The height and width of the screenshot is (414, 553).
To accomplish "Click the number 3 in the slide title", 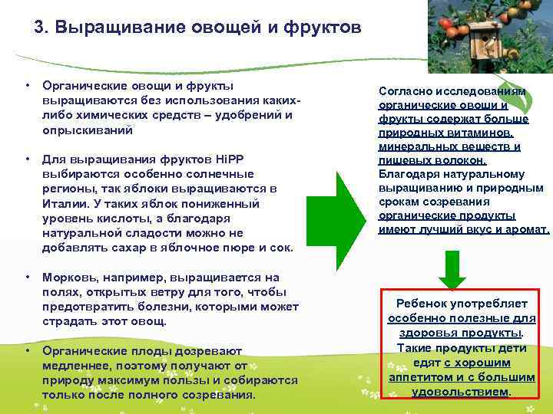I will [41, 28].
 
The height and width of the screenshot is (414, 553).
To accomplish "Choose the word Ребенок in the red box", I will [423, 304].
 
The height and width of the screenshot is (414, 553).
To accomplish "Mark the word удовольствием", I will [460, 391].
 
